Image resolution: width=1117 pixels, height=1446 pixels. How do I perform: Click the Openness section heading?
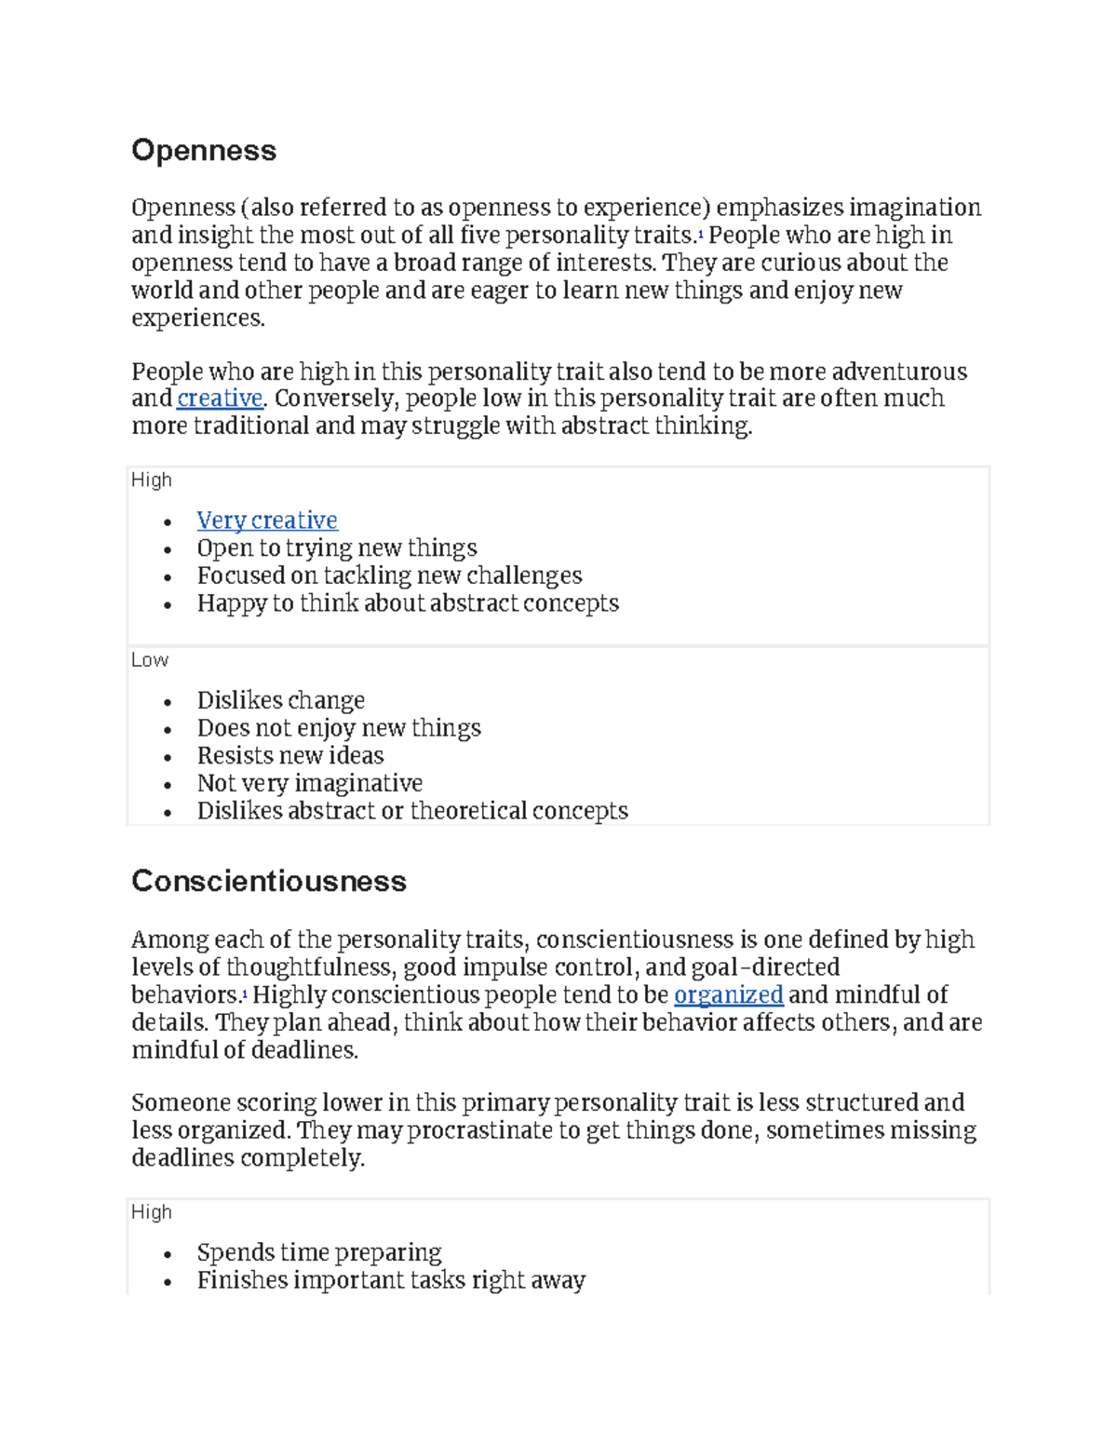coord(204,151)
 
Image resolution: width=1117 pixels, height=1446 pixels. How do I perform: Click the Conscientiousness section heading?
coord(269,881)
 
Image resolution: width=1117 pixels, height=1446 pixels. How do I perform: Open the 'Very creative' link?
coord(267,520)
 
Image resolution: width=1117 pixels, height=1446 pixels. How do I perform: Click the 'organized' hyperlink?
coord(728,995)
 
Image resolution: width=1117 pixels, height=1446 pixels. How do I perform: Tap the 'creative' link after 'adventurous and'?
coord(220,399)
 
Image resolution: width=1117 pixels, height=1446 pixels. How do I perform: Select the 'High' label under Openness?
coord(152,480)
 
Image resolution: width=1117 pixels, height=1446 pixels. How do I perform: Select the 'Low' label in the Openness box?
coord(150,660)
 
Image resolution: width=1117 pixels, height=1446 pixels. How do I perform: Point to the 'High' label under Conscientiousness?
coord(152,1212)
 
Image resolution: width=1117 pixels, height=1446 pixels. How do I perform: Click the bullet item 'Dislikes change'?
coord(280,700)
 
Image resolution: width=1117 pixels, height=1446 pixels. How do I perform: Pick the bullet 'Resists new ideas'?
coord(290,755)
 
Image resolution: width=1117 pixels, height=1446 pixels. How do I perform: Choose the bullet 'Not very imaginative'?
coord(309,783)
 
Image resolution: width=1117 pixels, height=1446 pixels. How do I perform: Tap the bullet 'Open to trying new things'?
coord(337,548)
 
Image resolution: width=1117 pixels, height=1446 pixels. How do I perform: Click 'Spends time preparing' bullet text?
coord(319,1252)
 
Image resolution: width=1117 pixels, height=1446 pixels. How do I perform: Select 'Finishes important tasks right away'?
coord(391,1280)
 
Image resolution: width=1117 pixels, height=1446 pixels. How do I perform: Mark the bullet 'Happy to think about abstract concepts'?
coord(408,603)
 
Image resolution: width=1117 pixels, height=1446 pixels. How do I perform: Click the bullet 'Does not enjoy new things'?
coord(339,728)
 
